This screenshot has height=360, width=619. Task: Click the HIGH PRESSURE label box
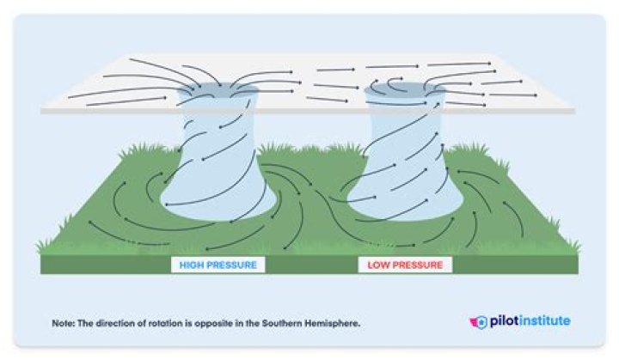coord(218,265)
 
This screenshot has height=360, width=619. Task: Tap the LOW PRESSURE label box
coord(404,265)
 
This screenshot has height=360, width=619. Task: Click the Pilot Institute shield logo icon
coord(479,321)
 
